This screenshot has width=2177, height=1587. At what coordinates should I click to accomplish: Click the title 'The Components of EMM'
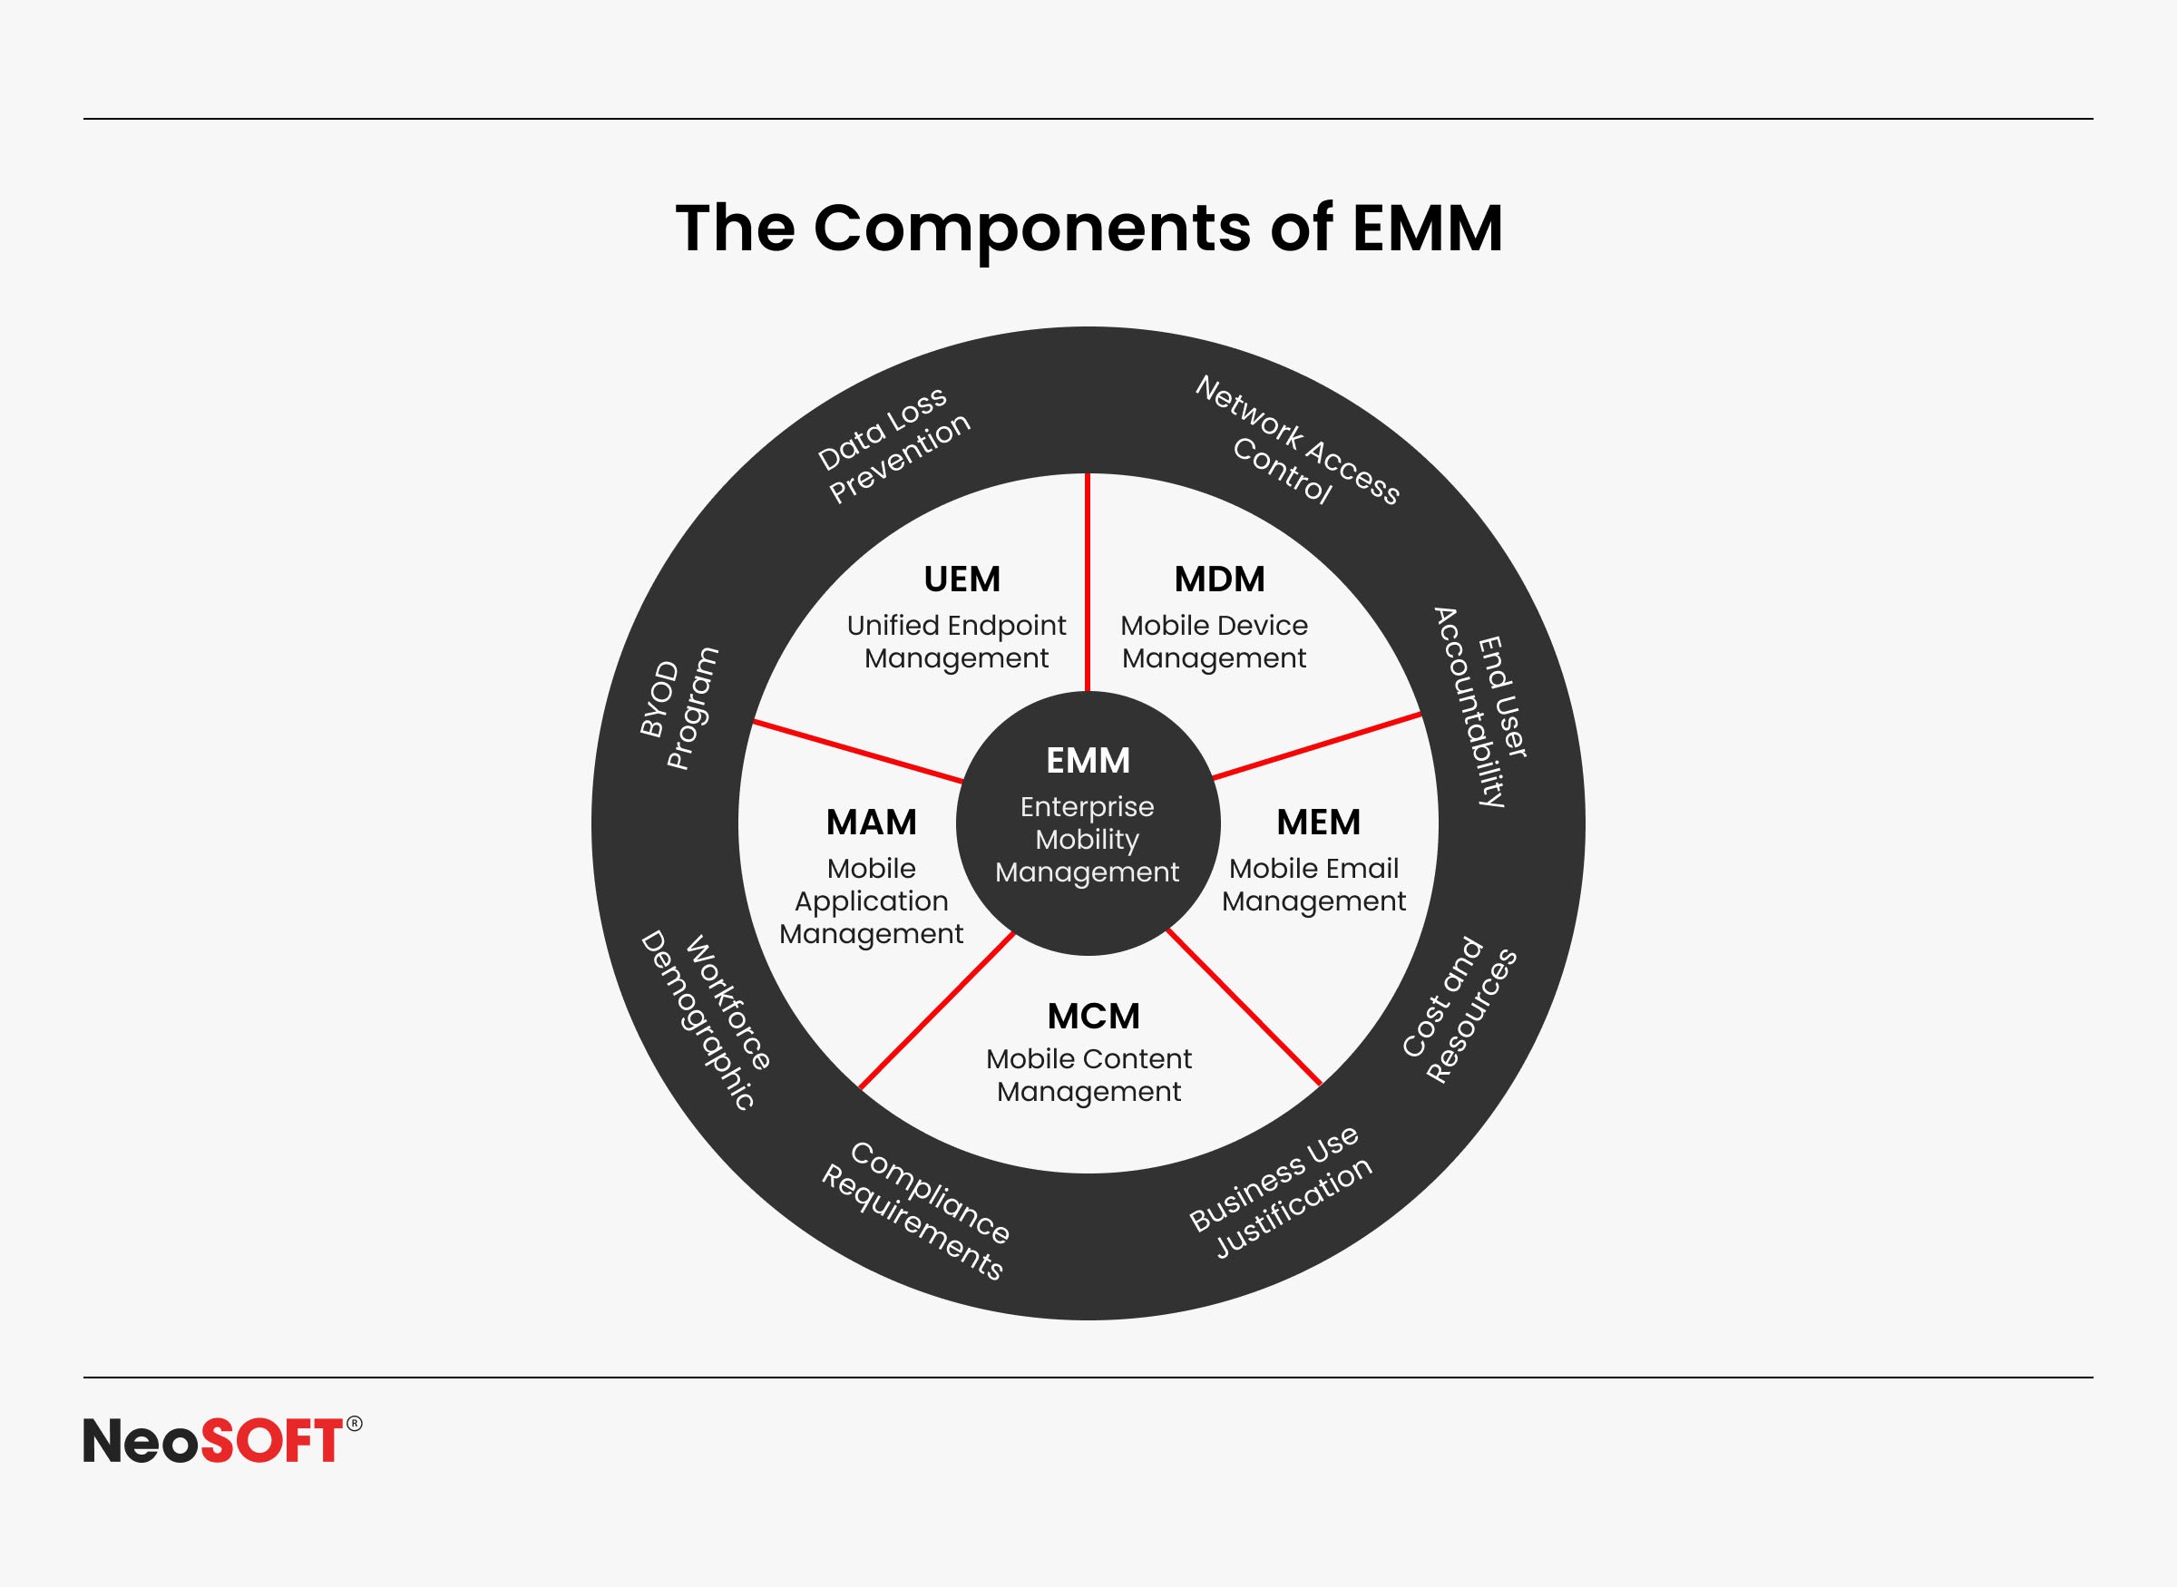tap(1088, 228)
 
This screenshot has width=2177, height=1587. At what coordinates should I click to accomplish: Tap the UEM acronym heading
tap(962, 579)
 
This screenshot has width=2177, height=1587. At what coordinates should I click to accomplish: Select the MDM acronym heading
tap(1219, 579)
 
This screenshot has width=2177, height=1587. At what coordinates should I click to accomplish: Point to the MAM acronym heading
tap(872, 823)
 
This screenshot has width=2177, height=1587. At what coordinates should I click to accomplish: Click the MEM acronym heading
tap(1318, 823)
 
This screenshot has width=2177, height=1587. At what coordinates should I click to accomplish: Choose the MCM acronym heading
tap(1093, 1017)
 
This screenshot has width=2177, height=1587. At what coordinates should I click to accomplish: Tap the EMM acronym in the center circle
tap(1088, 761)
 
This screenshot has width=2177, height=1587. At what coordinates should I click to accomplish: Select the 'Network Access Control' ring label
tap(1296, 441)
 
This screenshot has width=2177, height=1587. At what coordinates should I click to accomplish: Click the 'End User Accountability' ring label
tap(1480, 707)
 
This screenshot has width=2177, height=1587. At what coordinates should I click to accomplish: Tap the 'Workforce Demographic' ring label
tap(705, 1019)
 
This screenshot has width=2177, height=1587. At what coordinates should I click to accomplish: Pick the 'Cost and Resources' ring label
tap(1459, 1009)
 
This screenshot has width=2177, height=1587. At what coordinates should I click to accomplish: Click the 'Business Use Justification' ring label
tap(1281, 1193)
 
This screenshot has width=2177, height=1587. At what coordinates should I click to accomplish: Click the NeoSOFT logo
tap(222, 1440)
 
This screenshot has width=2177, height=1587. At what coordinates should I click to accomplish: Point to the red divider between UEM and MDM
tap(1088, 582)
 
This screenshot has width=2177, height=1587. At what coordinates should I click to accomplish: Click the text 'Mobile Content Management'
tap(1088, 1075)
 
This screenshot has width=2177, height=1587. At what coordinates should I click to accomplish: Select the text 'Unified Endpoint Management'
tap(956, 642)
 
